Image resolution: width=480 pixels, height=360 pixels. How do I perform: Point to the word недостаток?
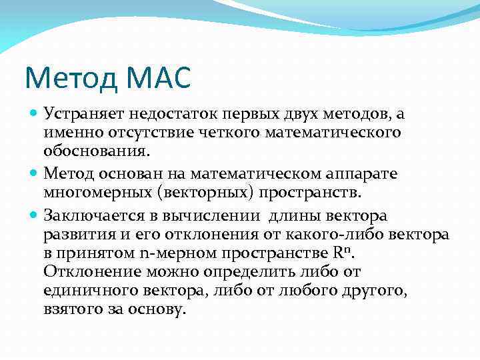[x=168, y=115]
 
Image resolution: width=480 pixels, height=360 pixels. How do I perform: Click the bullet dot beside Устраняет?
[x=34, y=114]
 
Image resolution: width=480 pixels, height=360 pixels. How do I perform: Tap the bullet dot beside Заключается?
[x=34, y=215]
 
